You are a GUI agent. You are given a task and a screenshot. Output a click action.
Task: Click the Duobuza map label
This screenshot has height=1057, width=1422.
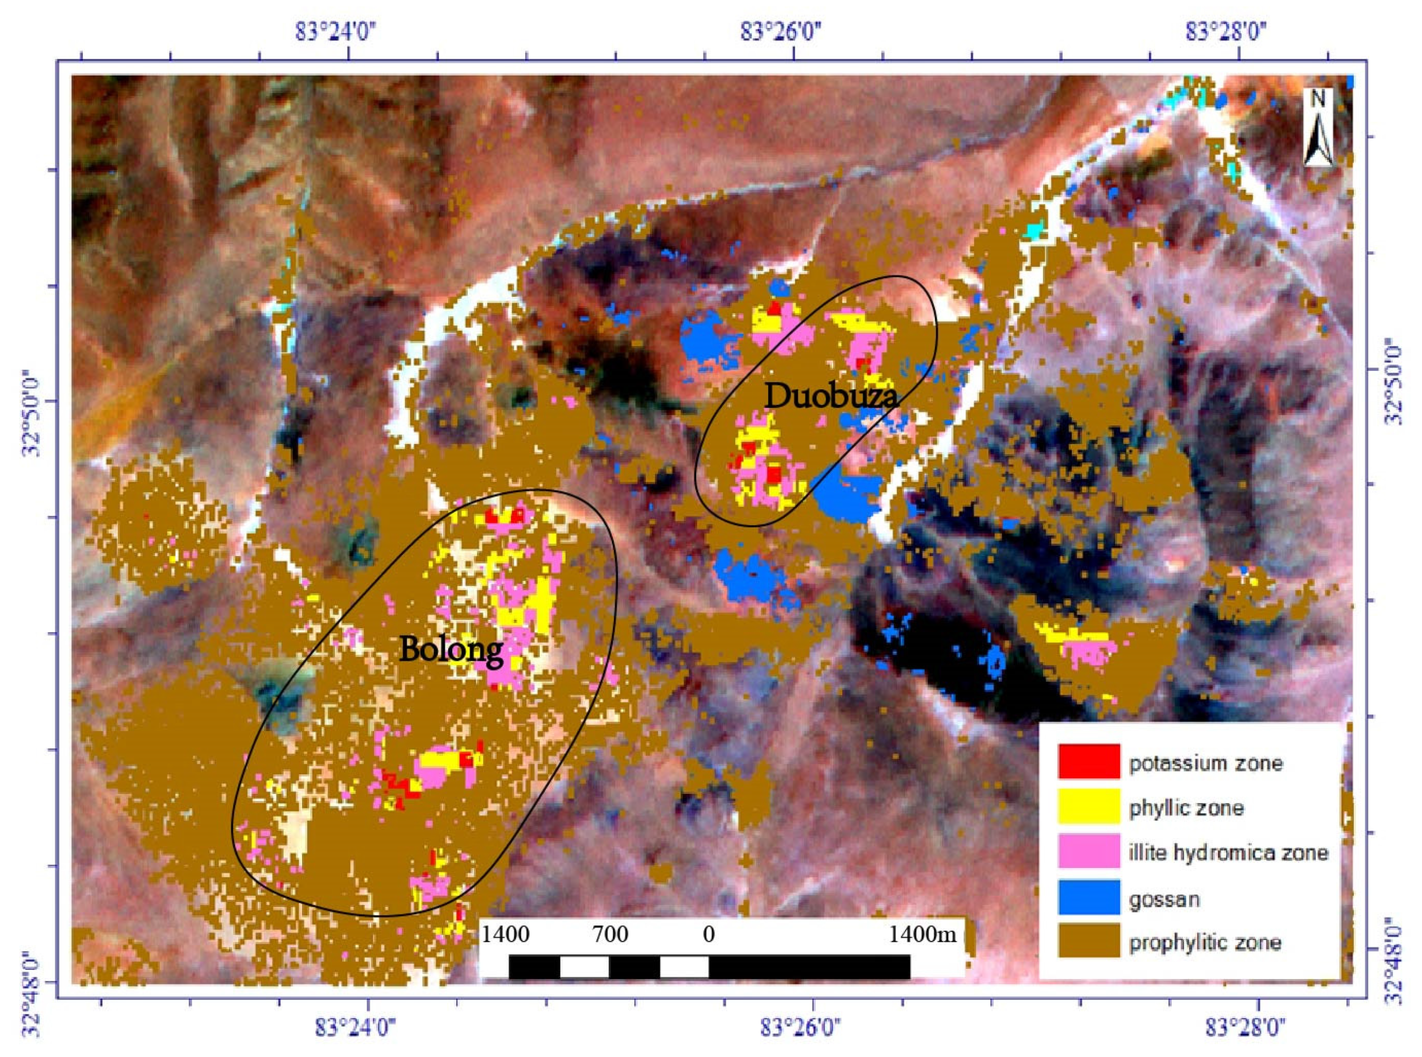click(831, 397)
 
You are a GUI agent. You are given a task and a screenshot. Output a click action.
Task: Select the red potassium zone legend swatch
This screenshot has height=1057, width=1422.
click(1088, 761)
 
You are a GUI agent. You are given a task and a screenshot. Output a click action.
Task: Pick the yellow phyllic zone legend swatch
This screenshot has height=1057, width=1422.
click(1088, 806)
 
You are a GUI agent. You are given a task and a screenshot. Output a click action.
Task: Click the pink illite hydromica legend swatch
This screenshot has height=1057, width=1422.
click(1088, 851)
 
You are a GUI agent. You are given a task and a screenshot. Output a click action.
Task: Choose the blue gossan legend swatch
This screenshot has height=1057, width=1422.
click(1088, 897)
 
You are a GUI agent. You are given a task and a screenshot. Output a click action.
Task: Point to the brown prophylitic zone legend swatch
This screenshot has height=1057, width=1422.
click(1088, 941)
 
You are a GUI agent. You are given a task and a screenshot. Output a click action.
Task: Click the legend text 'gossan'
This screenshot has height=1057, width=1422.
click(1164, 899)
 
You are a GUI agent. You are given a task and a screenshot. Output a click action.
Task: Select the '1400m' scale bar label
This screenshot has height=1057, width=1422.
click(922, 935)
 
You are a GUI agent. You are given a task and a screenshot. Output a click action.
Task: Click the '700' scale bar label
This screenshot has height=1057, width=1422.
click(610, 935)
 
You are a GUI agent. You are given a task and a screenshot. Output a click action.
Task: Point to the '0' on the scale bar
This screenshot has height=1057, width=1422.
click(708, 935)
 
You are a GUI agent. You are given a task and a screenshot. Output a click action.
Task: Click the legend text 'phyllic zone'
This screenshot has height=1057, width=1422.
click(1186, 808)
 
